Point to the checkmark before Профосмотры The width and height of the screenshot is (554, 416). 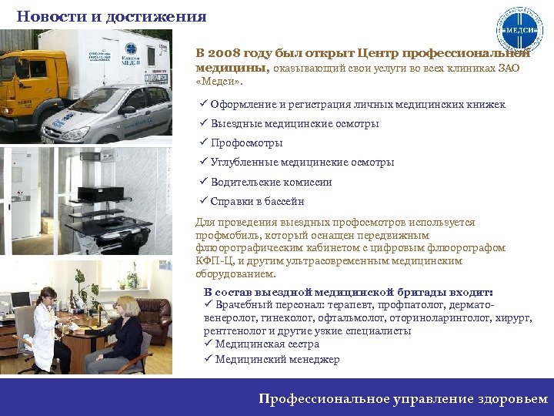pyautogui.click(x=203, y=143)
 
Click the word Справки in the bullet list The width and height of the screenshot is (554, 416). pyautogui.click(x=229, y=202)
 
